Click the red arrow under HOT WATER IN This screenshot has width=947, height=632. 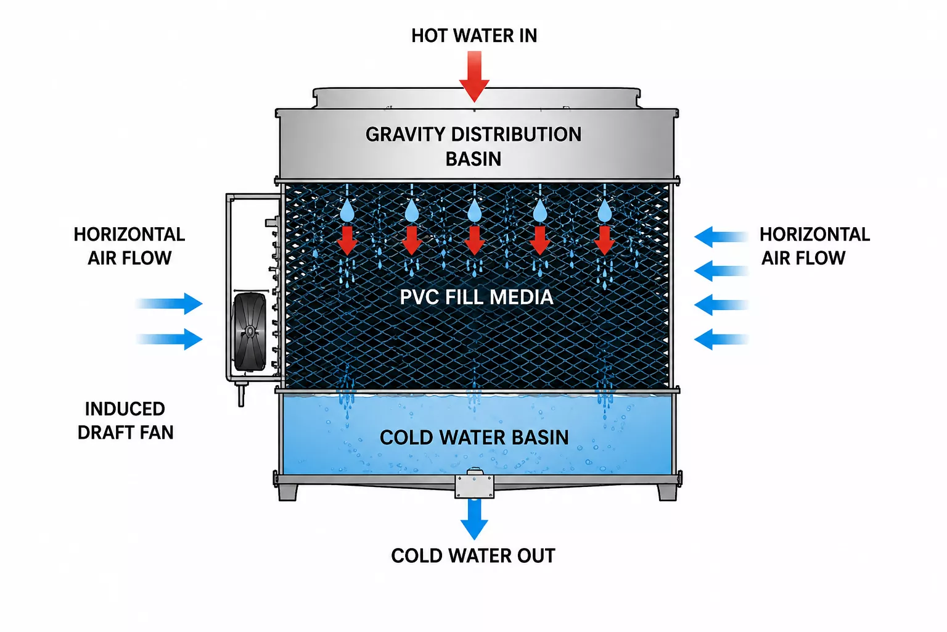474,76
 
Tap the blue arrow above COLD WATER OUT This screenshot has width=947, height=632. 474,519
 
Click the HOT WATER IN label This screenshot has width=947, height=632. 474,36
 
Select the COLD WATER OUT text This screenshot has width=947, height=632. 473,556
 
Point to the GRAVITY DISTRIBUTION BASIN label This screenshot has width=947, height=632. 473,146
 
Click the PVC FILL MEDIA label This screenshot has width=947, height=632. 477,297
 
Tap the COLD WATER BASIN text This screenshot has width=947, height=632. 474,438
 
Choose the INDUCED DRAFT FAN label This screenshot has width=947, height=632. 126,420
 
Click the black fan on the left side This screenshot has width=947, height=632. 250,331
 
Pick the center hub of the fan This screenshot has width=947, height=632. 250,331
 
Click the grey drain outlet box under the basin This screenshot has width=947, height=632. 474,485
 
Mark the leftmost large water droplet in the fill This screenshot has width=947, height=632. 348,210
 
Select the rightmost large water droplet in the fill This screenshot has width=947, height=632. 605,210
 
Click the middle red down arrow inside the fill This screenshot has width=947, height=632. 474,241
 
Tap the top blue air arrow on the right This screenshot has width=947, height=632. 721,237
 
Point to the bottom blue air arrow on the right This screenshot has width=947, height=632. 721,339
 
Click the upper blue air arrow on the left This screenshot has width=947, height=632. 169,304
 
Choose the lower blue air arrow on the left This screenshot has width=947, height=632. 169,339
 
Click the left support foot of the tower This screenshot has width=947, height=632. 288,493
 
